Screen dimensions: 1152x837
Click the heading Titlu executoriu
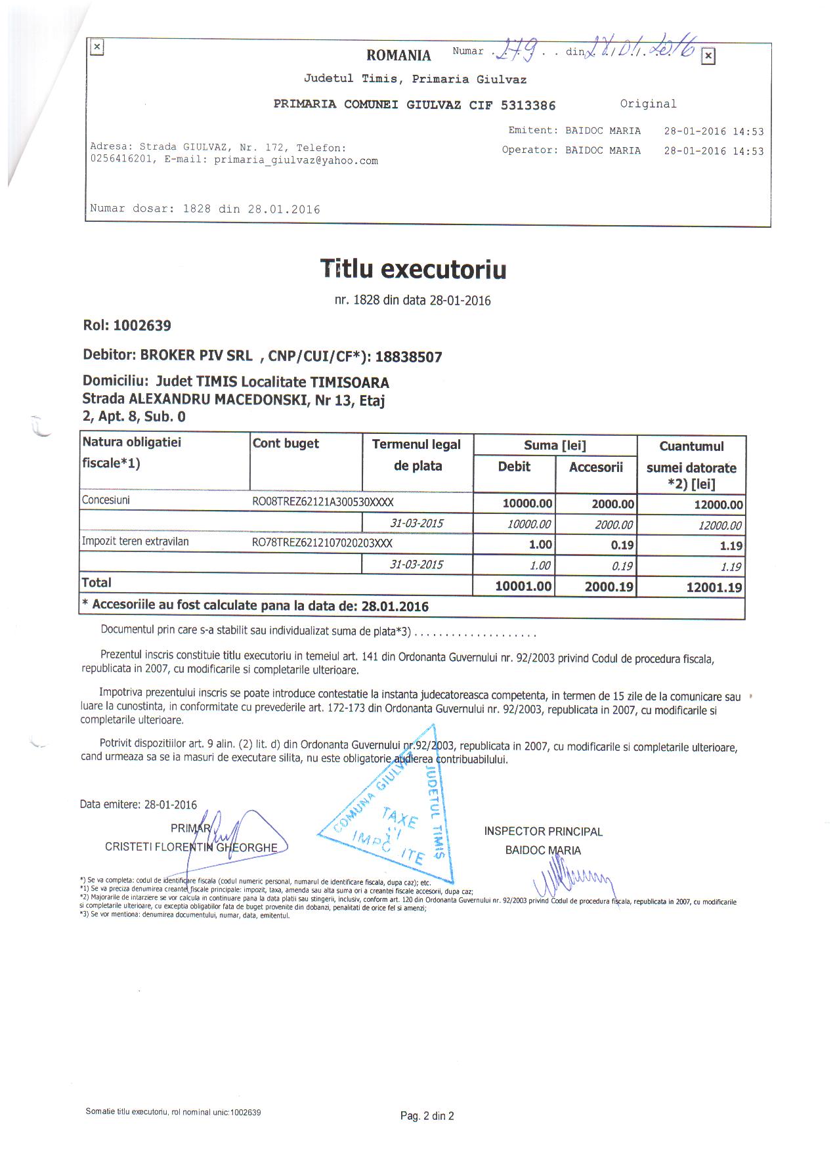(413, 269)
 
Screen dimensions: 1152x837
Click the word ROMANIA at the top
(398, 55)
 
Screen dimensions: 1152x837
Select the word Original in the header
(648, 104)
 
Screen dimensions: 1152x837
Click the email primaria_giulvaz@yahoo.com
(296, 160)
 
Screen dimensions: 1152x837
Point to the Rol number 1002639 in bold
(142, 326)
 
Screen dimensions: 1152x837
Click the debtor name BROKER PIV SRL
(196, 355)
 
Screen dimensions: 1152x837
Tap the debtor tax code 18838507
(408, 357)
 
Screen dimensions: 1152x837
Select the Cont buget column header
(286, 444)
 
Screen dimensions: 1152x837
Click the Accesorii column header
(595, 467)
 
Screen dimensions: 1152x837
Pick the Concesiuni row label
(106, 500)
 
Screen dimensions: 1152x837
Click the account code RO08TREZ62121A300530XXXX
(323, 502)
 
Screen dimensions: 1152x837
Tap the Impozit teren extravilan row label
(135, 542)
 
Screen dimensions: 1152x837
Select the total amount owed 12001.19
(714, 587)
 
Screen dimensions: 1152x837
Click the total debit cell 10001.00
(523, 586)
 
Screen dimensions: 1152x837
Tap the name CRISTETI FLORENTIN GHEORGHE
(191, 847)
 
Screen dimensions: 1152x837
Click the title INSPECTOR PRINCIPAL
(543, 832)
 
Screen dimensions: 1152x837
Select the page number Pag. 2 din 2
(427, 1116)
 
